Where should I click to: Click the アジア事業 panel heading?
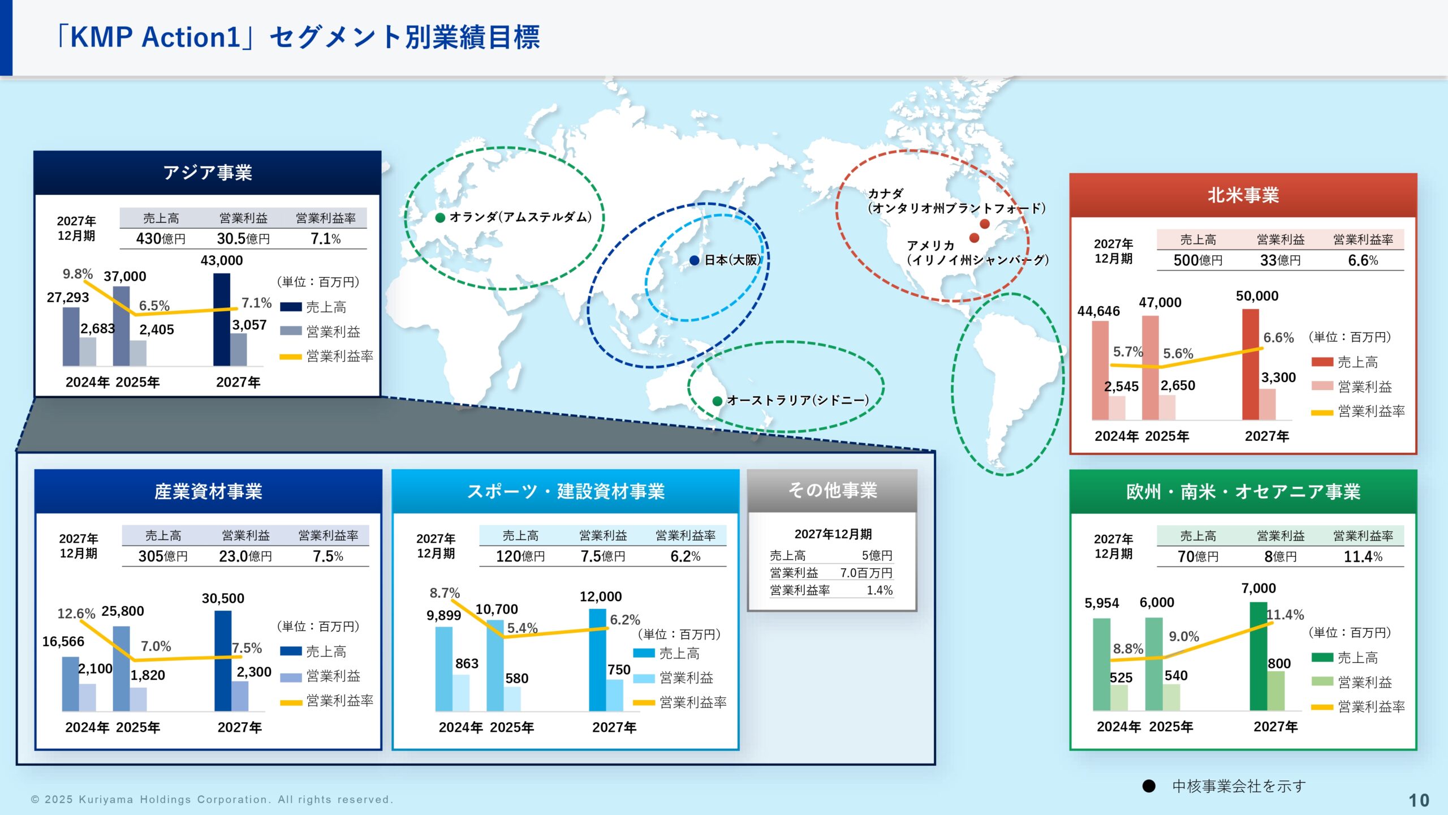pos(207,173)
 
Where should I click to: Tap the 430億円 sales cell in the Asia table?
pos(161,239)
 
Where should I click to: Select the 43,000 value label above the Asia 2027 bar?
pos(222,260)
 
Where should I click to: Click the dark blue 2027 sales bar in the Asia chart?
pos(222,320)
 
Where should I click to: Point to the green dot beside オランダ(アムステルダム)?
pos(440,218)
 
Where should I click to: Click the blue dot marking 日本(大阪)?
pos(695,260)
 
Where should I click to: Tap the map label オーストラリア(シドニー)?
pos(798,401)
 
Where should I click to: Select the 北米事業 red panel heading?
pos(1243,195)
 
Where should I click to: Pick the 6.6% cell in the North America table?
pos(1363,260)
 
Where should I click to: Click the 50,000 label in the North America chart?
pos(1257,296)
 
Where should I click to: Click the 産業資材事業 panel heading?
pos(208,491)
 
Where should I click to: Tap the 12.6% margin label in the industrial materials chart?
pos(76,614)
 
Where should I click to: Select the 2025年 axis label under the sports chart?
pos(512,727)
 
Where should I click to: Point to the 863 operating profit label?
pos(467,663)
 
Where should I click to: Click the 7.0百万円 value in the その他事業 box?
pos(866,573)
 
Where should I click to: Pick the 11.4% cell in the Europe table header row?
pos(1363,557)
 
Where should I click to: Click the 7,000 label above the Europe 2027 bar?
pos(1258,589)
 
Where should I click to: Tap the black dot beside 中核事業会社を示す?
pos(1149,786)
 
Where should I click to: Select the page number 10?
pos(1418,800)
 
